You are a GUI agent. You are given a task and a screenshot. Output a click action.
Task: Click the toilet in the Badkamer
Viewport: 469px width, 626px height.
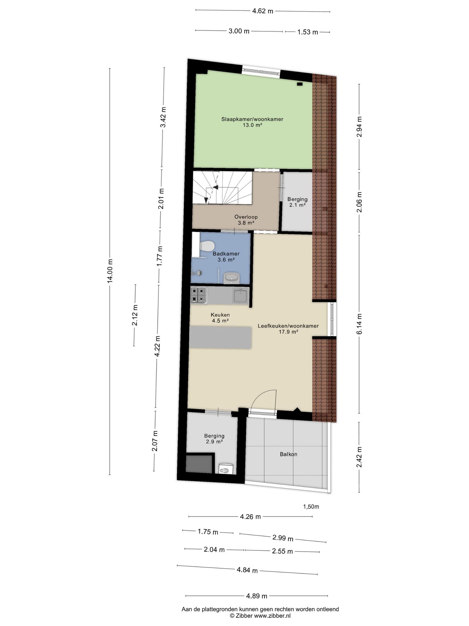tap(207, 246)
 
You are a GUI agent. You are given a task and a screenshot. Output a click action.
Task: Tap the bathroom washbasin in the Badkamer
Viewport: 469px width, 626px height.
tap(232, 278)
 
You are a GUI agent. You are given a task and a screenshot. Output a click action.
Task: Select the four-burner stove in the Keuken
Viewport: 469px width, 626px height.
tap(199, 295)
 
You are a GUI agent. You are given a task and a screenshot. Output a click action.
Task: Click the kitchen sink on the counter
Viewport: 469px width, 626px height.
tap(241, 296)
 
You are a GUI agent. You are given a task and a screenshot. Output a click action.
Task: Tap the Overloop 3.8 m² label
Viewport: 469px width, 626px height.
tap(246, 220)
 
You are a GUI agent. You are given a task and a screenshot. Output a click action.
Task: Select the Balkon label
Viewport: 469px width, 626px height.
tap(289, 454)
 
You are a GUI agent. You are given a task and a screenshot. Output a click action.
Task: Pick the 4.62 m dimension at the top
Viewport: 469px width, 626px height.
tap(263, 11)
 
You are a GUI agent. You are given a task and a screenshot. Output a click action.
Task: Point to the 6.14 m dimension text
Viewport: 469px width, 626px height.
tap(359, 324)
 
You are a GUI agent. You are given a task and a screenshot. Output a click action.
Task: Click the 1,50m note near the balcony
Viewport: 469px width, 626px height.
tap(311, 507)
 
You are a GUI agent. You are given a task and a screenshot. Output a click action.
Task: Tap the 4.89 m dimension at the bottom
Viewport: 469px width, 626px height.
tap(257, 596)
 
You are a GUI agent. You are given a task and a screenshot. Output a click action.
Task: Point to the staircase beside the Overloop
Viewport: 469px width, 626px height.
tap(222, 188)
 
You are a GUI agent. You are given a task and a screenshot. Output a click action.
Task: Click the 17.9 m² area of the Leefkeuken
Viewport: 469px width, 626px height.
tap(288, 332)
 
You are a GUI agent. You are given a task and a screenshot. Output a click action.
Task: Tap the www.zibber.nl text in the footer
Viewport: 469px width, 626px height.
tap(272, 616)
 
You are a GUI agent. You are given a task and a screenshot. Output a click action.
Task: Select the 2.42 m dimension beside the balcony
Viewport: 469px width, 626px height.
tap(359, 457)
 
